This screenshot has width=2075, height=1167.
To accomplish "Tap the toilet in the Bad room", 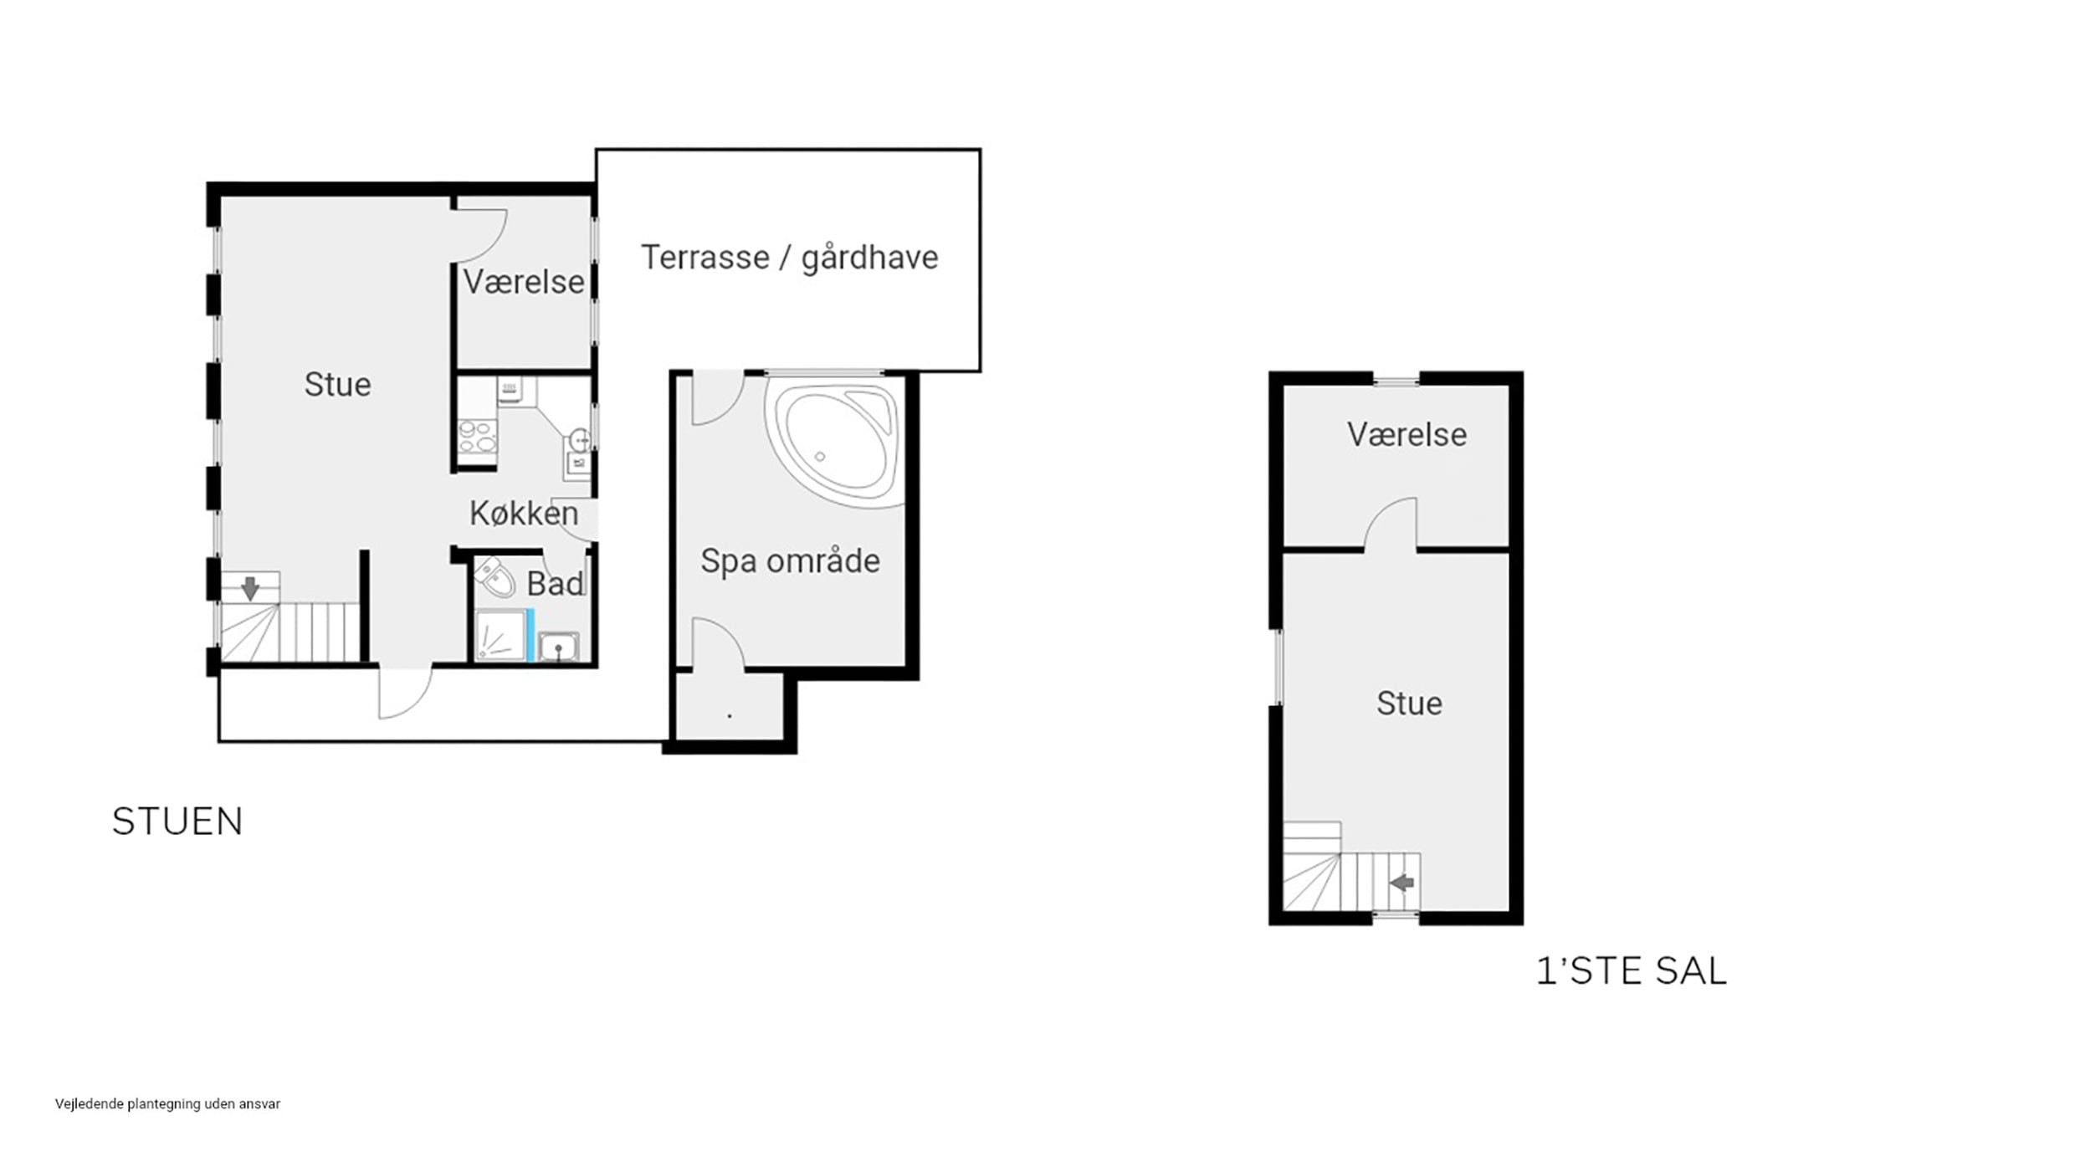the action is click(496, 577).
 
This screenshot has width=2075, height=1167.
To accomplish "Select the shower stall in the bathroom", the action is click(500, 636).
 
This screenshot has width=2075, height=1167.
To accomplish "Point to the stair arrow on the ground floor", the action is click(250, 589).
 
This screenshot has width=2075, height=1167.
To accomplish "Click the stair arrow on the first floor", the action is click(1401, 883).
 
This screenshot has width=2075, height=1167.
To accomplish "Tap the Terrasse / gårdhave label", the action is click(789, 258).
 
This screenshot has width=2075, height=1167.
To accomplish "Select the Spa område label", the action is click(790, 560).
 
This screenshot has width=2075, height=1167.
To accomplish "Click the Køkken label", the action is click(524, 513).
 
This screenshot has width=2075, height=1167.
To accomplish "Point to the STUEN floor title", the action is click(177, 822).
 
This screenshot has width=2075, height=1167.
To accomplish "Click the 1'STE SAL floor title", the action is click(1632, 971).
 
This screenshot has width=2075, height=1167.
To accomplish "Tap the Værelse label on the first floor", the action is click(1406, 435).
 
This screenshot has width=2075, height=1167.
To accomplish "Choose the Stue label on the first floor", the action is click(1409, 704).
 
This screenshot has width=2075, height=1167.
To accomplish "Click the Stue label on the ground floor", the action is click(337, 385).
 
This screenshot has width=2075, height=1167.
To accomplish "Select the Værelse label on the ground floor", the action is click(524, 283).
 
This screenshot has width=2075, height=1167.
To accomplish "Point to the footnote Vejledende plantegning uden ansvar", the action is click(167, 1104).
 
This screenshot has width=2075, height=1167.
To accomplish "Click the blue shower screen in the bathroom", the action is click(530, 636).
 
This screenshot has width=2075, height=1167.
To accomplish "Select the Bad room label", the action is click(555, 584).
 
